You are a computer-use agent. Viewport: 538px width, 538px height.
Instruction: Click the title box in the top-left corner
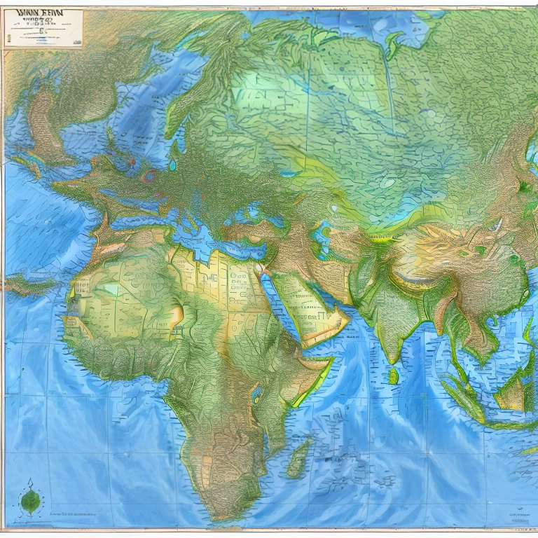tap(43, 28)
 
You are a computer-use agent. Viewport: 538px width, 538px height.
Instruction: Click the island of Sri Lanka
tap(393, 376)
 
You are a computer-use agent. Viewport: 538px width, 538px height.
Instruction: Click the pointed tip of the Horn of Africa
tap(329, 361)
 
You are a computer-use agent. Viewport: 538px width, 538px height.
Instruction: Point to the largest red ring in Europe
tap(149, 176)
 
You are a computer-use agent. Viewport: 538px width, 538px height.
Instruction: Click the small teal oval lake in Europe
tap(172, 166)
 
